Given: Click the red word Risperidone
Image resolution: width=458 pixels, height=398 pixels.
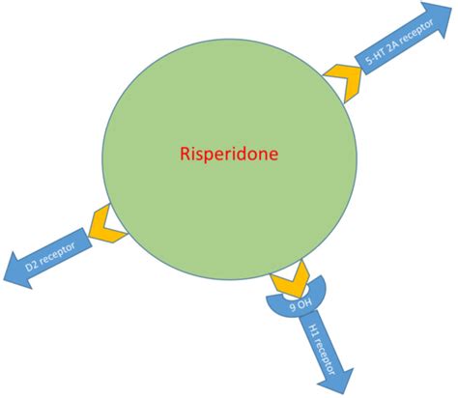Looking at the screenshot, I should coord(225,154).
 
